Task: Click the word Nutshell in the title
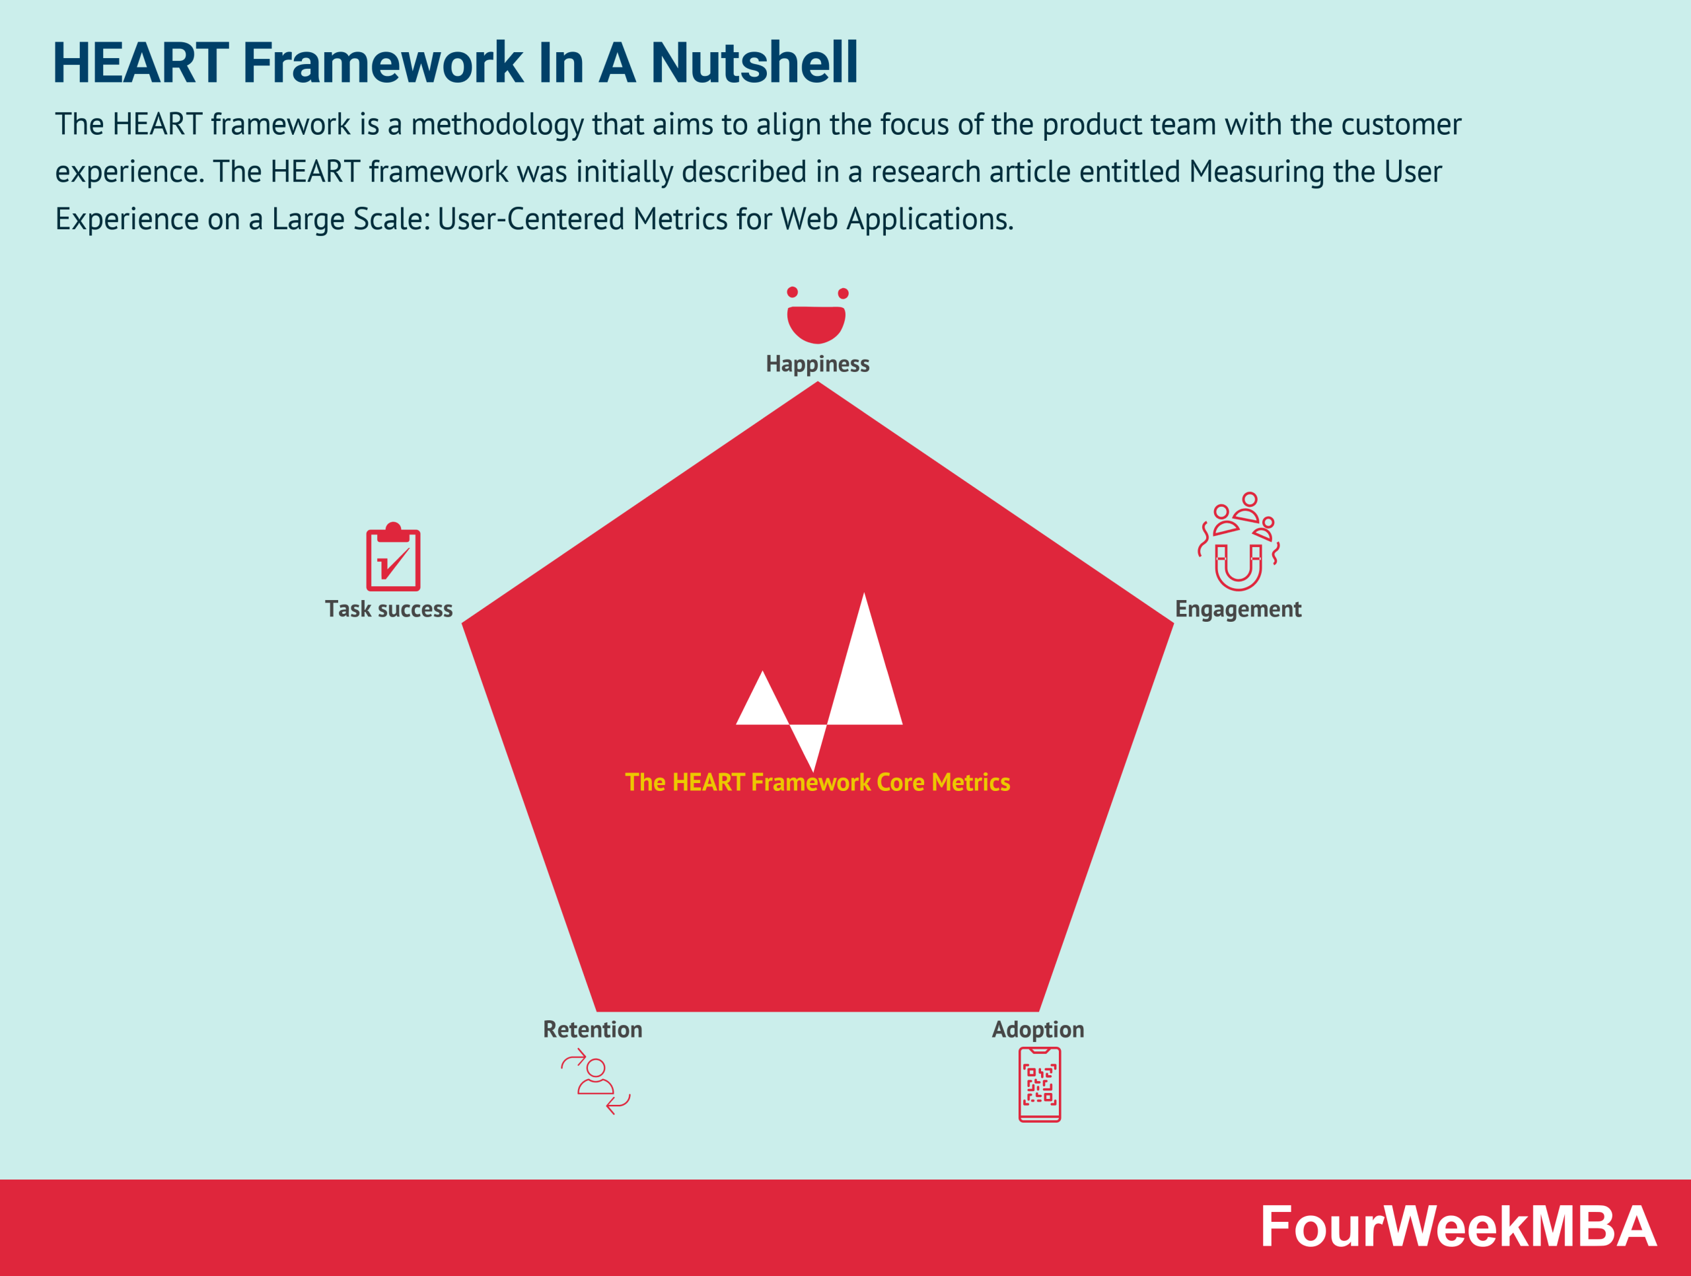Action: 754,63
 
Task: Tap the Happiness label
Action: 817,364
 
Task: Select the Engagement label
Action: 1238,609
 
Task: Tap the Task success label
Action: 388,609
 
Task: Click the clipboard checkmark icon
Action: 393,558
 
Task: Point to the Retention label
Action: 593,1030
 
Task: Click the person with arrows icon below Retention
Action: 596,1081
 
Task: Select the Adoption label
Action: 1037,1030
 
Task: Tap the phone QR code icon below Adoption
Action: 1039,1084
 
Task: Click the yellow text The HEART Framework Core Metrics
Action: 817,782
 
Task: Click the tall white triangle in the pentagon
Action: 865,677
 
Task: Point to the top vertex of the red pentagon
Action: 817,385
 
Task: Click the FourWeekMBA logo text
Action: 1457,1228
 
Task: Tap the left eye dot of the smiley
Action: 792,292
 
